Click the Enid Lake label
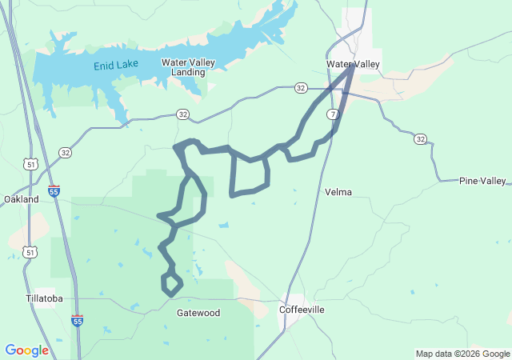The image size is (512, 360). click(x=116, y=64)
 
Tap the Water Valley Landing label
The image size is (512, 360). click(x=183, y=67)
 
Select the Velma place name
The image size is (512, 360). click(x=338, y=192)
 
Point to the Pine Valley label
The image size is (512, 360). click(x=482, y=181)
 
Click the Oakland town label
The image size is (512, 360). click(x=22, y=199)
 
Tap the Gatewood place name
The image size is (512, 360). click(x=198, y=313)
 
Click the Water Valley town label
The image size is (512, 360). click(x=354, y=64)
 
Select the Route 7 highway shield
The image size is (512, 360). click(x=331, y=115)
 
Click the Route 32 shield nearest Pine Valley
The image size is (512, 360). click(x=420, y=139)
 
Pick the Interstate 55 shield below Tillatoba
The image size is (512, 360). click(x=77, y=321)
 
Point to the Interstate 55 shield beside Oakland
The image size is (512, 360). click(x=54, y=191)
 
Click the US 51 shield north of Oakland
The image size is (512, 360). click(x=30, y=164)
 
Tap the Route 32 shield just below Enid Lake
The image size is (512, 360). click(x=183, y=115)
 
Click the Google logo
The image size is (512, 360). click(x=26, y=350)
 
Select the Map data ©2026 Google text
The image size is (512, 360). click(x=462, y=354)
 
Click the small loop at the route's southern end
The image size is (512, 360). click(x=172, y=283)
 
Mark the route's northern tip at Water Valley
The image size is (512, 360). click(x=352, y=69)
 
